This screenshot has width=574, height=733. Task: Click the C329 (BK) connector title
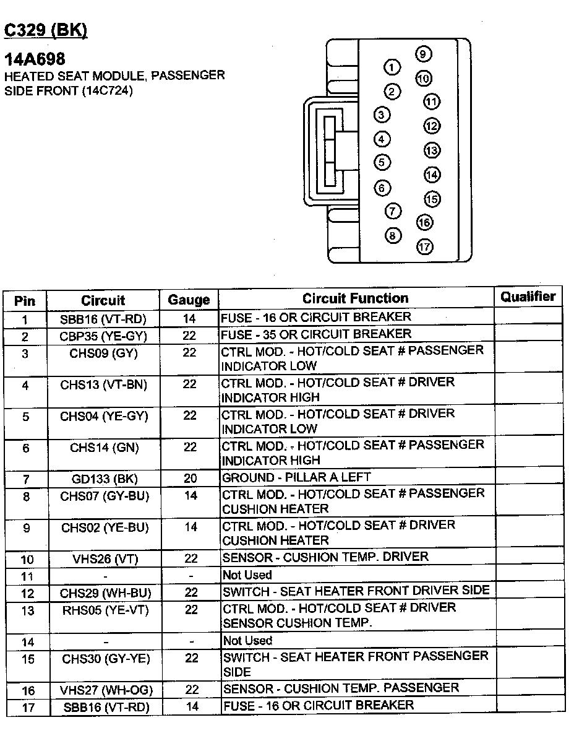(46, 30)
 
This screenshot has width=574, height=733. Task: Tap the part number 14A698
(35, 59)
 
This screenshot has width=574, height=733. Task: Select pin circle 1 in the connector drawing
(392, 67)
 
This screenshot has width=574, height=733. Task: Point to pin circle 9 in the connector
(423, 54)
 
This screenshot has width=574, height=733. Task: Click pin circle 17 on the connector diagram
(424, 246)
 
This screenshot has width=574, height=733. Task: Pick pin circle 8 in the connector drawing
(393, 235)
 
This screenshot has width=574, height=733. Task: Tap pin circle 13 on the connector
(431, 150)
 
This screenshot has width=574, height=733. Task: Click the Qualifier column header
(528, 297)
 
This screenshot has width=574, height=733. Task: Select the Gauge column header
(189, 300)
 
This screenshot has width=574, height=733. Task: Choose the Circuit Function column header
(355, 298)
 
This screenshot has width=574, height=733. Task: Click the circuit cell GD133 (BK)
(104, 479)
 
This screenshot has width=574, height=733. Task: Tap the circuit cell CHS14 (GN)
(104, 447)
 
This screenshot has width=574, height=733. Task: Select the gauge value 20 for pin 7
(190, 479)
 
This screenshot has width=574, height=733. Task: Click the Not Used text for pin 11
(247, 575)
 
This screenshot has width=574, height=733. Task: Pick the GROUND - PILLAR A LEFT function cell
(296, 477)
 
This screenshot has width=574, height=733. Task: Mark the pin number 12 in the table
(27, 594)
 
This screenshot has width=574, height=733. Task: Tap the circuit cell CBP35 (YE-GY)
(104, 337)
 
